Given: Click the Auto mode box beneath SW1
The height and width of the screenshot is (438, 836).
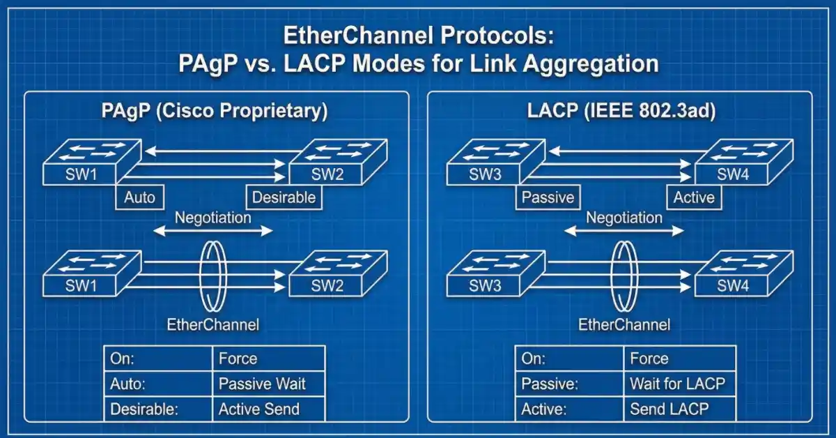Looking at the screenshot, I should [139, 197].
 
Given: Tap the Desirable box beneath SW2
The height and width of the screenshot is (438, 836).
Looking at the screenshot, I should [284, 197].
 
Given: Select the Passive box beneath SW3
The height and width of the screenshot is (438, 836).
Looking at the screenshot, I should [548, 197].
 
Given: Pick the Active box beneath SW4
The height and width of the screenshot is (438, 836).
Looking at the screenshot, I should [694, 197].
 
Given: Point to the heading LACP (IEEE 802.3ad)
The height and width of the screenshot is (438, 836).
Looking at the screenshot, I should [620, 112].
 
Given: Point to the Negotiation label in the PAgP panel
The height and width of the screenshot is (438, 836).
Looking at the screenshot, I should [213, 218].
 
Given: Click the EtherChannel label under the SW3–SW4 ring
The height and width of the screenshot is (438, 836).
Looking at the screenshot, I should [624, 324].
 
